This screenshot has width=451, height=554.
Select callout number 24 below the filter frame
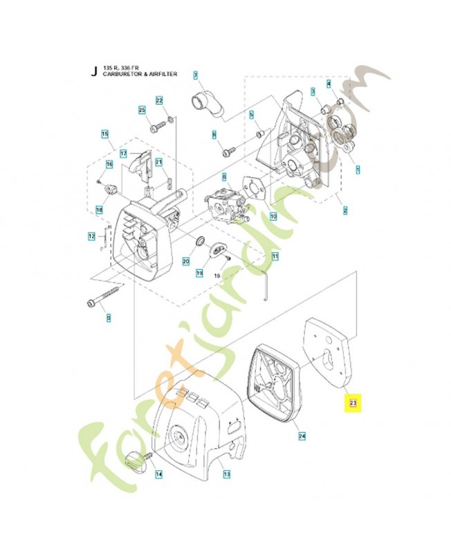coord(302,436)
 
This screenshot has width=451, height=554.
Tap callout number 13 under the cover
coord(226,474)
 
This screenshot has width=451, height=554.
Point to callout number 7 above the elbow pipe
coord(196,75)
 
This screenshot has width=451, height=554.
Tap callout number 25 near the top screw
coord(142,110)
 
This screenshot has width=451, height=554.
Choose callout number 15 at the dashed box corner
coord(105,134)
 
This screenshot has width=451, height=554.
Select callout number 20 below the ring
coord(185,261)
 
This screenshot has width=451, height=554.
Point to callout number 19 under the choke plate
coord(199,274)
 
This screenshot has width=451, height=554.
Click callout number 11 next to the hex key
coord(275,256)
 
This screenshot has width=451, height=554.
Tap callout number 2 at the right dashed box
coord(344,210)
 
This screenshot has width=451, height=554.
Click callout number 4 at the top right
coord(329,84)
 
